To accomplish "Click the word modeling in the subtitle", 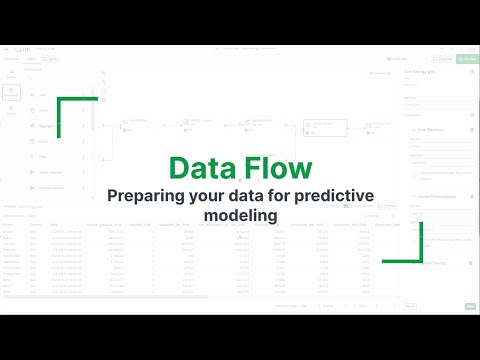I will [239, 215].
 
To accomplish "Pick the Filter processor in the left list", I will [50, 140].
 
